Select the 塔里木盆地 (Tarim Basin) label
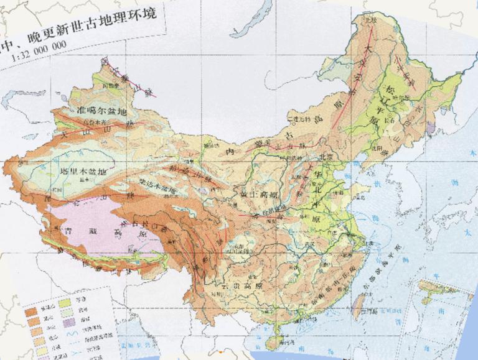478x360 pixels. click(x=76, y=170)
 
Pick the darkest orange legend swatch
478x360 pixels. click(x=32, y=315)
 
